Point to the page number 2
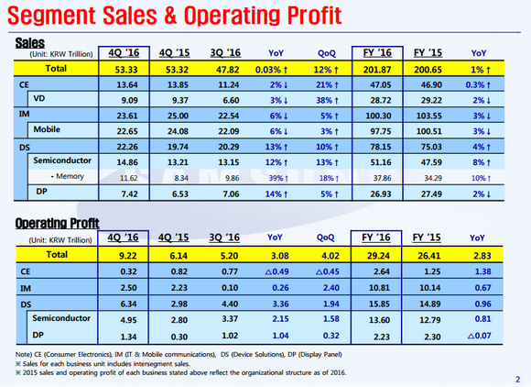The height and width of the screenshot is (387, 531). [x=517, y=377]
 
